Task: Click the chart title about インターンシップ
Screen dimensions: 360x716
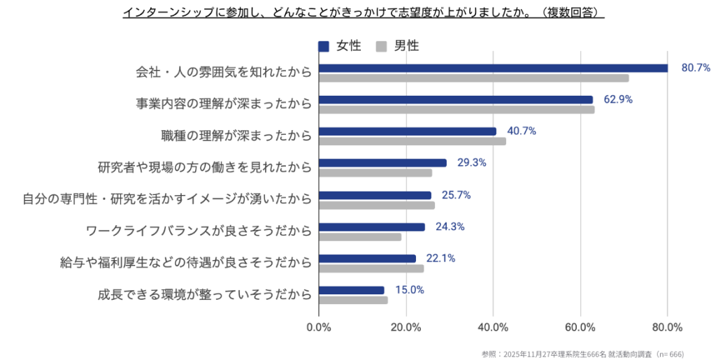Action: pos(363,13)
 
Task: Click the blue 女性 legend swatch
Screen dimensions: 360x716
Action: pos(324,46)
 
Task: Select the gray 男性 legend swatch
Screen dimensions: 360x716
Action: pos(382,46)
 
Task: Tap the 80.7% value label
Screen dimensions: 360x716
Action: pos(696,68)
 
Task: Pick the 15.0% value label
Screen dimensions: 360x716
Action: pos(409,290)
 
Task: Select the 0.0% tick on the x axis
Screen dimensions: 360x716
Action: pos(319,326)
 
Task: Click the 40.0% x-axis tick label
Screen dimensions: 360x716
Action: pos(493,326)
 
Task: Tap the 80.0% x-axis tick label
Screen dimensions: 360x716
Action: pos(667,326)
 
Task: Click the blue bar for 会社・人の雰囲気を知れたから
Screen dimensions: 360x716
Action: pos(493,68)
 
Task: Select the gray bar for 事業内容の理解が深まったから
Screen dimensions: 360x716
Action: pos(457,110)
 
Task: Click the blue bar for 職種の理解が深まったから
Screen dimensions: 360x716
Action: pos(408,131)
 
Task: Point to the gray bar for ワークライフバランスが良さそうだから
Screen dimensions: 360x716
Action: pos(360,237)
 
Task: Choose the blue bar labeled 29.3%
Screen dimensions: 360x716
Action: pos(382,163)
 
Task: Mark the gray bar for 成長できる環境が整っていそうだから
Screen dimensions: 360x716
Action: pos(353,301)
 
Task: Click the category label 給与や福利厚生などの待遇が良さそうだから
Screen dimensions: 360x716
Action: pos(186,264)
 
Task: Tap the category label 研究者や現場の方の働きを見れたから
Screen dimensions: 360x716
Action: pos(204,168)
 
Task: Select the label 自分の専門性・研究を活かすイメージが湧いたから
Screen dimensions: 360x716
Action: pos(166,200)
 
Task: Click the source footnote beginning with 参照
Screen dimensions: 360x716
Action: pos(598,352)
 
